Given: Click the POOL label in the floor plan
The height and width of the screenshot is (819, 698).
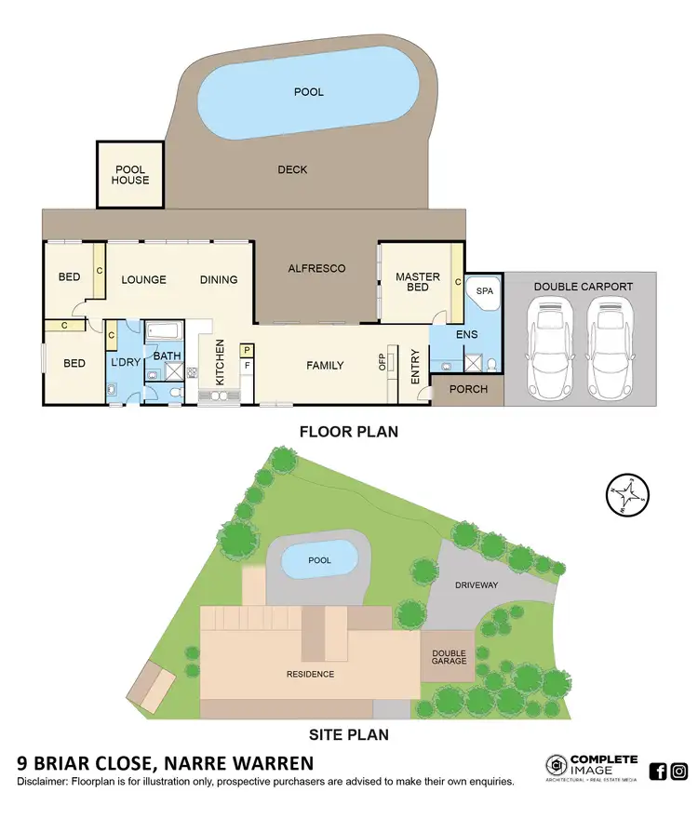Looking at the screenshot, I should point(309,93).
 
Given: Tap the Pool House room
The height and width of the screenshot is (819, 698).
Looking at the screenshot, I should point(130,175).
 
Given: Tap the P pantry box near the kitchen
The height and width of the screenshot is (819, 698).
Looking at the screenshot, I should point(246,350).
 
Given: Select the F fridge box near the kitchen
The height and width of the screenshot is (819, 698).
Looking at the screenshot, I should point(246,367).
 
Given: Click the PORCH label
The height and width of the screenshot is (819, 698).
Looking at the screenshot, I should point(468,389).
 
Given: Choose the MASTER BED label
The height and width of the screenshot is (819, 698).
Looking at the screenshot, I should point(418,282).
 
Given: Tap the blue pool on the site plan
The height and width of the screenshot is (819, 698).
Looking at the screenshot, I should point(319,561).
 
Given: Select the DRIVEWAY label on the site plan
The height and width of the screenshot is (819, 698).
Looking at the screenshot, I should point(478,586).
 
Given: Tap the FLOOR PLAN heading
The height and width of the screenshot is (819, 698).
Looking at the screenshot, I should point(348,432).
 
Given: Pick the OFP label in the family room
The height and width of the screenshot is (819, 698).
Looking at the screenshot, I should point(383,362).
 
